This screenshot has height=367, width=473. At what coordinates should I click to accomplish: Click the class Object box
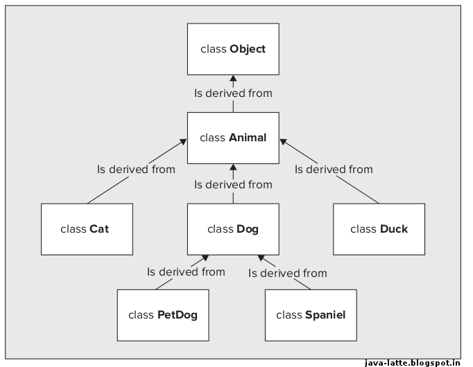tap(233, 49)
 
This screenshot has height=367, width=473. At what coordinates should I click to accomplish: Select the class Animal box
tap(233, 138)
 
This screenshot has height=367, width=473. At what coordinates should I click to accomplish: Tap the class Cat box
tap(86, 229)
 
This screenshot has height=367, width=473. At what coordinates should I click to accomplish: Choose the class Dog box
tap(233, 229)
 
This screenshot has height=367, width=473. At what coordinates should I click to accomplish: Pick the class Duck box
tap(379, 229)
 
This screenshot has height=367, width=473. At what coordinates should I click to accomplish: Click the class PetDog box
tap(163, 315)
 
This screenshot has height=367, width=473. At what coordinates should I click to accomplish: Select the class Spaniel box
tap(311, 315)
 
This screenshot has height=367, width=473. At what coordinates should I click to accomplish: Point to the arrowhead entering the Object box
tap(233, 80)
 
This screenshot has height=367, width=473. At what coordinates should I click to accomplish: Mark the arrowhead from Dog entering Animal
tap(233, 168)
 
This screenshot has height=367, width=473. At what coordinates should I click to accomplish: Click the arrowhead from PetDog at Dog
tap(205, 258)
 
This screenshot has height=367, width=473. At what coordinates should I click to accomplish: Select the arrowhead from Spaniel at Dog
tap(261, 258)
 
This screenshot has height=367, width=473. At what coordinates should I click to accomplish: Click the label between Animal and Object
tap(233, 93)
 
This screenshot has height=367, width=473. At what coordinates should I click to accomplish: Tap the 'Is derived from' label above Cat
tap(136, 169)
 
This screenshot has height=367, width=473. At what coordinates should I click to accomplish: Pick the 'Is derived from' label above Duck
tap(334, 169)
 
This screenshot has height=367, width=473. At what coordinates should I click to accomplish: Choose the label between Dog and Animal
tap(233, 185)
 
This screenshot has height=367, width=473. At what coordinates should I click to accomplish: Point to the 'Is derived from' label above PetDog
tap(186, 271)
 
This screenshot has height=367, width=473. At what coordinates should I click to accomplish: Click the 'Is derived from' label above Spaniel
tap(287, 274)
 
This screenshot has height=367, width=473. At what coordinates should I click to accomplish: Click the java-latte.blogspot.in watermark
tap(412, 361)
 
